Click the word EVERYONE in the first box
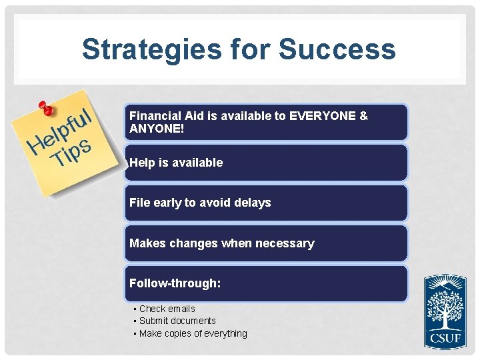point(323,116)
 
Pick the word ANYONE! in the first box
point(157,128)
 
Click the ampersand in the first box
point(363,116)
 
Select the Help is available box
point(265,163)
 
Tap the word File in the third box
point(140,203)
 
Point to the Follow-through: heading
point(175,283)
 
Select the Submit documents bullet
point(177,321)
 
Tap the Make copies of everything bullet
point(193,333)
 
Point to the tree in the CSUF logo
point(445,306)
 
